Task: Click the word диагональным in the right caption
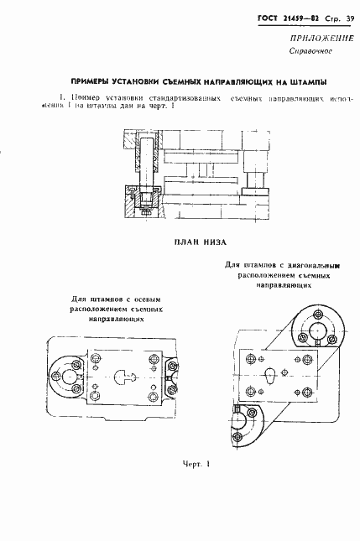[322, 265]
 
